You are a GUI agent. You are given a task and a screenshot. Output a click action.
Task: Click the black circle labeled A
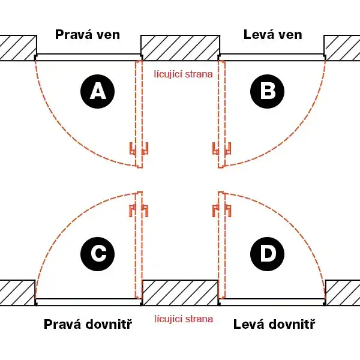click(x=98, y=91)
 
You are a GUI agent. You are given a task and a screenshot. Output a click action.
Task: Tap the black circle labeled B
click(x=267, y=91)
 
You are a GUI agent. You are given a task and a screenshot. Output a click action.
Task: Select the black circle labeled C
click(x=98, y=254)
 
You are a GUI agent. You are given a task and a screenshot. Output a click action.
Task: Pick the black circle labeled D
click(x=267, y=254)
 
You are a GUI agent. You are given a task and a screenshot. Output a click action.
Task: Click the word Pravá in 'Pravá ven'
click(x=74, y=35)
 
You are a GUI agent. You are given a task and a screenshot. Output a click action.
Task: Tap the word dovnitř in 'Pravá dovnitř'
click(x=109, y=324)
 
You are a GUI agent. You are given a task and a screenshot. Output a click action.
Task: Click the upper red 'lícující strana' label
click(x=183, y=74)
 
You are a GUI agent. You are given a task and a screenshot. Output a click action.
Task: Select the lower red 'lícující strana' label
click(x=184, y=319)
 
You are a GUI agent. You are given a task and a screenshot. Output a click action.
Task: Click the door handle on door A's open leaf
click(x=139, y=148)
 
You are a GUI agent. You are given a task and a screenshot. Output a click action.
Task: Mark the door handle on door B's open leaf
click(x=221, y=148)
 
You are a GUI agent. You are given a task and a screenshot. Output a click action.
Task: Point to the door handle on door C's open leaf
click(x=139, y=211)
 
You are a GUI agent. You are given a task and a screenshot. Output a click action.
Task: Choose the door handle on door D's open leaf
click(x=221, y=211)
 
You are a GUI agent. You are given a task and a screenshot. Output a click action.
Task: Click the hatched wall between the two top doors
click(x=180, y=48)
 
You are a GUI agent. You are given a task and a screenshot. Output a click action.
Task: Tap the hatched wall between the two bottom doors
click(x=180, y=293)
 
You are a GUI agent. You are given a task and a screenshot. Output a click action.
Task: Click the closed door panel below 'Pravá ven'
click(x=88, y=57)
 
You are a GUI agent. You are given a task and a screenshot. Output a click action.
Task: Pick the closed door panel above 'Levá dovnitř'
click(x=272, y=302)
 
